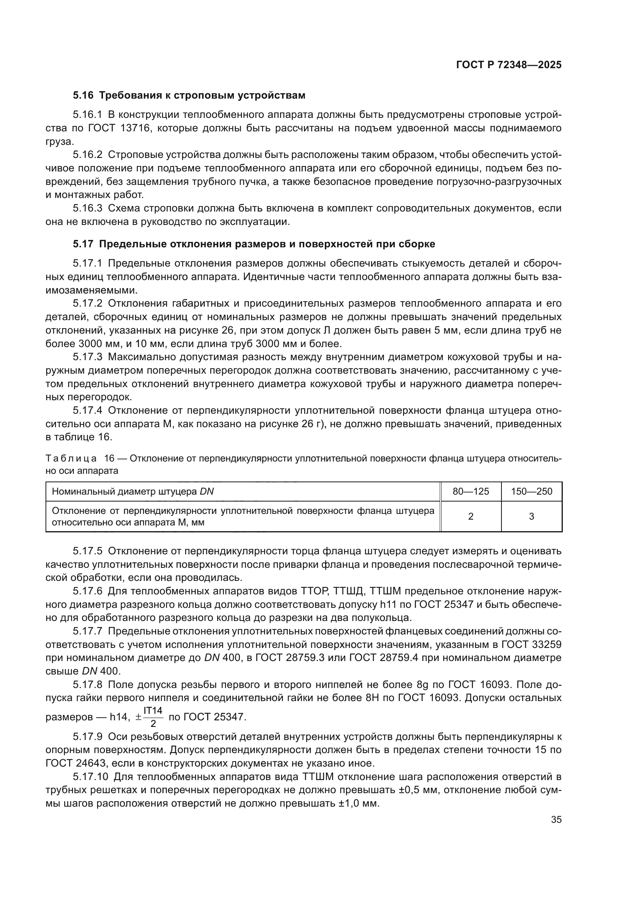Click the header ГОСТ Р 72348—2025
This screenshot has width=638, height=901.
pyautogui.click(x=509, y=65)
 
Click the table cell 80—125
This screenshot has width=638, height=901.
pyautogui.click(x=471, y=492)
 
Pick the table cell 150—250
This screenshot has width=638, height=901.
pyautogui.click(x=532, y=492)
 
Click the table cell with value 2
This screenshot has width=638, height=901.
pyautogui.click(x=471, y=517)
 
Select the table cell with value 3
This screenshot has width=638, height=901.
pyautogui.click(x=532, y=517)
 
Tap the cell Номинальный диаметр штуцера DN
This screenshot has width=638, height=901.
pyautogui.click(x=133, y=492)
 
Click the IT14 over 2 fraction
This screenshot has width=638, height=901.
pyautogui.click(x=153, y=717)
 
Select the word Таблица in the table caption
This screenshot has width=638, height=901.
pyautogui.click(x=71, y=458)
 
